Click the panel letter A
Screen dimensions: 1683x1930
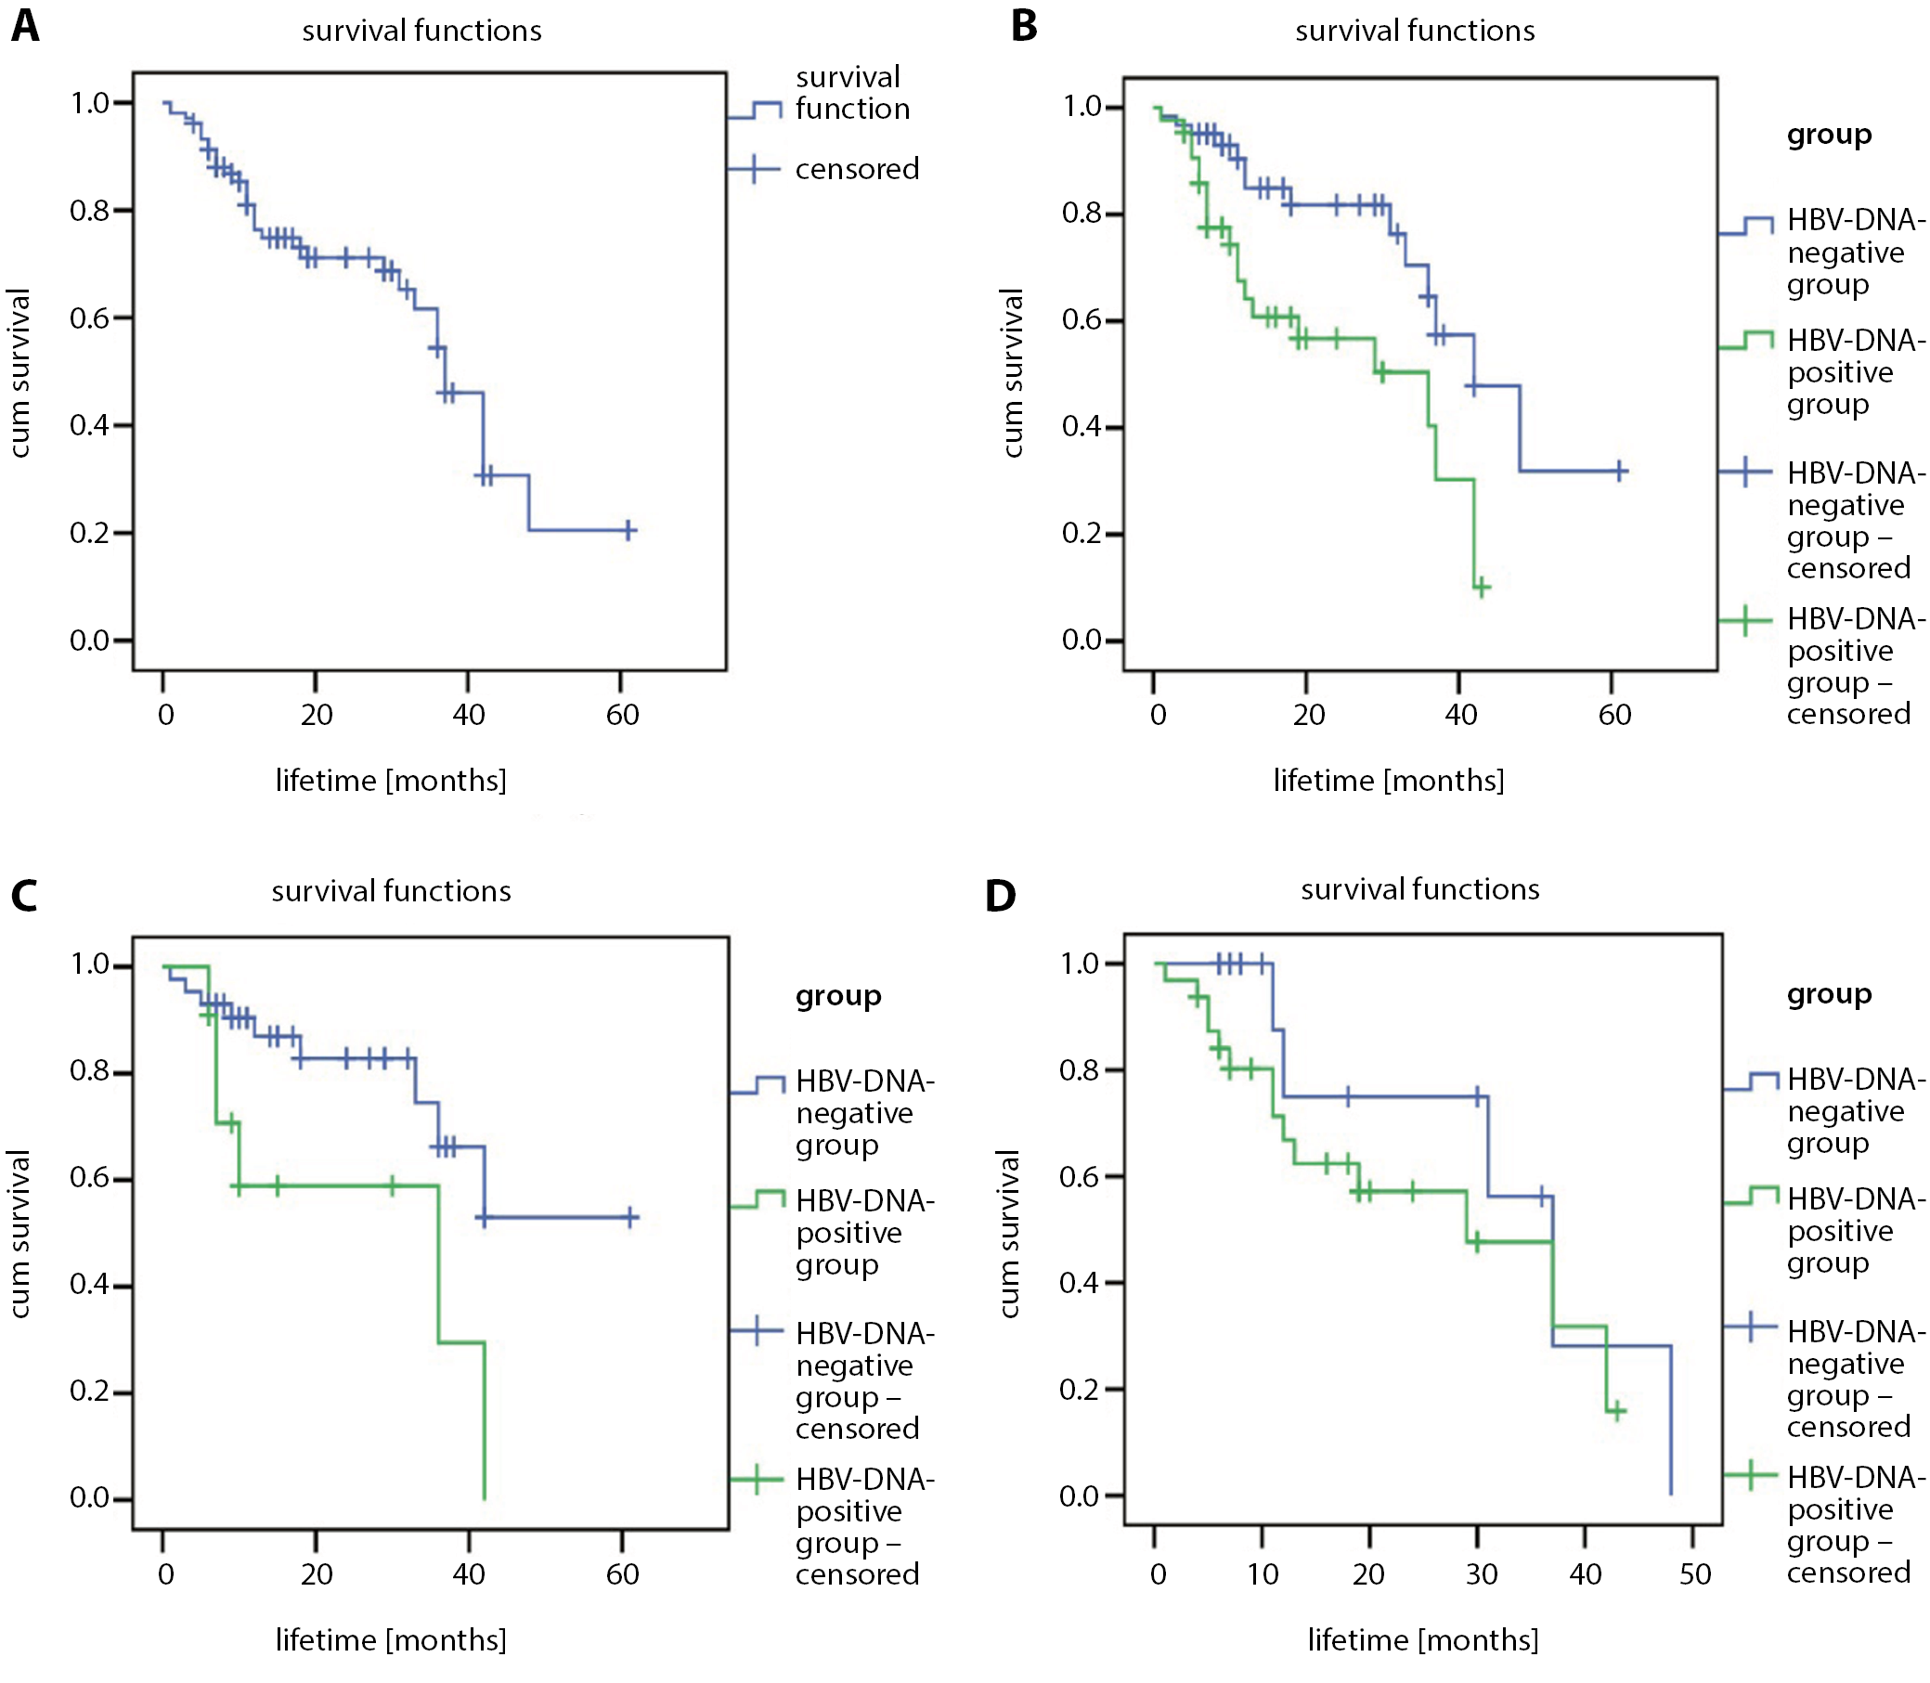(25, 26)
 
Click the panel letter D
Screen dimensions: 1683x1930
(1000, 895)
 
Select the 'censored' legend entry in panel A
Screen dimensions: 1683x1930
(857, 169)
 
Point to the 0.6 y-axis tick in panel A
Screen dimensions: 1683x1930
(91, 318)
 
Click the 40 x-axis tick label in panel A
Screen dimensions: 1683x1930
(469, 716)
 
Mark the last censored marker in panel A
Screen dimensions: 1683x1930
(628, 531)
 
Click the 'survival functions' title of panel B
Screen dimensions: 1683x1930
(1415, 31)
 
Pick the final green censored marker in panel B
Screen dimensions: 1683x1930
(1481, 588)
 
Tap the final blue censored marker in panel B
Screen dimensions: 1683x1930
(1620, 471)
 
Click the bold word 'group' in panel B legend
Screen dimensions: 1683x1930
(1829, 136)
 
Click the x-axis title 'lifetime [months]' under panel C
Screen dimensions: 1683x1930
(391, 1639)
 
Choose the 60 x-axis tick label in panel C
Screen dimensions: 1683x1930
(623, 1574)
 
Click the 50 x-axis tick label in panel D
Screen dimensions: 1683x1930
(1694, 1574)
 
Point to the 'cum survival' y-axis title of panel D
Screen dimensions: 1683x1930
(1010, 1233)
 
